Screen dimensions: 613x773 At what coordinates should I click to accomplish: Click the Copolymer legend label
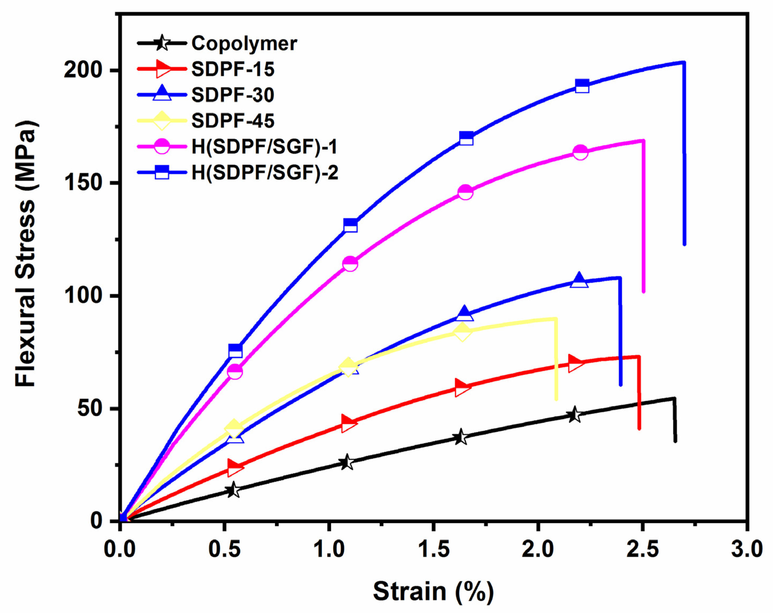[244, 44]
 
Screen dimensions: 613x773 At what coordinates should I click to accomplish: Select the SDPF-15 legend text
[233, 69]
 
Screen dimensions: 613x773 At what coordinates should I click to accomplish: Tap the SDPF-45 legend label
[233, 121]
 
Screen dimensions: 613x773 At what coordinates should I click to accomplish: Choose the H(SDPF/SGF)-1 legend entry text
[264, 147]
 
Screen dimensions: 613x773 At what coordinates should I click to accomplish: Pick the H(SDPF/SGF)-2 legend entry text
[265, 173]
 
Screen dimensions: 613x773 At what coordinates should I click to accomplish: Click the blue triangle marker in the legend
[162, 94]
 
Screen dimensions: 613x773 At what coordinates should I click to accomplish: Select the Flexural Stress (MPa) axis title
[26, 253]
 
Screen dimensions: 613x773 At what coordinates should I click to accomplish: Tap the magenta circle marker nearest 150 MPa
[465, 192]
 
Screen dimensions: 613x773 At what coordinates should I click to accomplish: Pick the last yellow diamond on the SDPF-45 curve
[462, 332]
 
